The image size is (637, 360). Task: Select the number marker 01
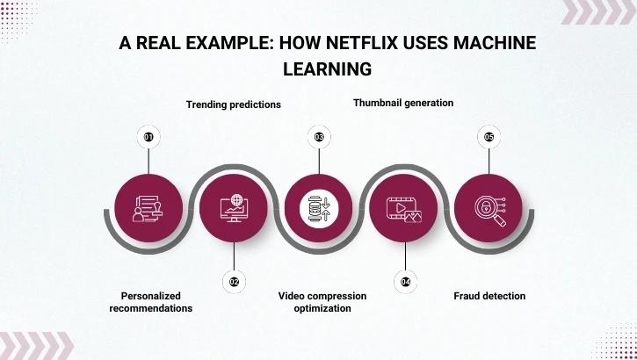148,137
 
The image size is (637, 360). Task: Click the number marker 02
234,281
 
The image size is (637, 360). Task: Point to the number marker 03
319,137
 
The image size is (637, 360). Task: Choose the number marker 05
489,137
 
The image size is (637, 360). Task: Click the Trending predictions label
233,104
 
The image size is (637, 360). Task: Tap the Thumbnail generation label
403,103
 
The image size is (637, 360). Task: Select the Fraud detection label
489,296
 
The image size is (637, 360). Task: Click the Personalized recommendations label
150,301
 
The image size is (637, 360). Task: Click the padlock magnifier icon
489,208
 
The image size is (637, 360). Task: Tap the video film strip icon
404,208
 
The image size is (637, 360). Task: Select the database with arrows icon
319,208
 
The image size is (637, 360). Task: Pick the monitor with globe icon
234,208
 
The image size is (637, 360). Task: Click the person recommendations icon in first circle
148,208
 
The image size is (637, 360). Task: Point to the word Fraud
467,296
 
